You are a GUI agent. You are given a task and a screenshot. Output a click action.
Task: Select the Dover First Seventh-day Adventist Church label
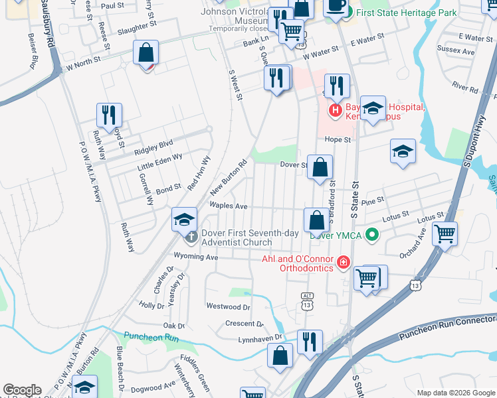click(x=238, y=237)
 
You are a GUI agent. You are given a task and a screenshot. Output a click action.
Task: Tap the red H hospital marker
click(x=336, y=109)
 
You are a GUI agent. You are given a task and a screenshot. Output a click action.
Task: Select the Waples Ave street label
click(x=229, y=206)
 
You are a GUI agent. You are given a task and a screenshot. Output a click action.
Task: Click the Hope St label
click(x=338, y=139)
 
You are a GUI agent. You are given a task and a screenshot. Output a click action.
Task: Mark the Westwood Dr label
click(x=228, y=306)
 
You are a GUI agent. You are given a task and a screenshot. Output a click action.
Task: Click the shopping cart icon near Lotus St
click(x=445, y=233)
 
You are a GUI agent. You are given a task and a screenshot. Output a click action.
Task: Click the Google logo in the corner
click(x=23, y=390)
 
